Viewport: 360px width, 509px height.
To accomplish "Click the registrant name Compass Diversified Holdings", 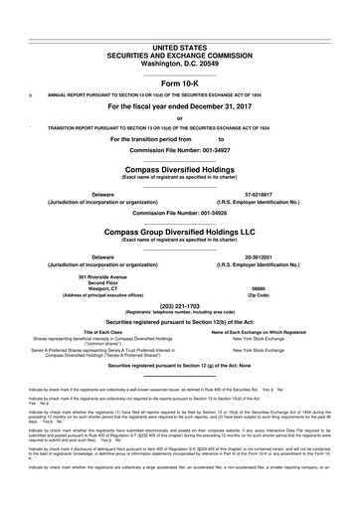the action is pyautogui.click(x=179, y=170).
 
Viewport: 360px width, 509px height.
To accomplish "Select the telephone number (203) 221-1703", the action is pyautogui.click(x=179, y=318).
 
